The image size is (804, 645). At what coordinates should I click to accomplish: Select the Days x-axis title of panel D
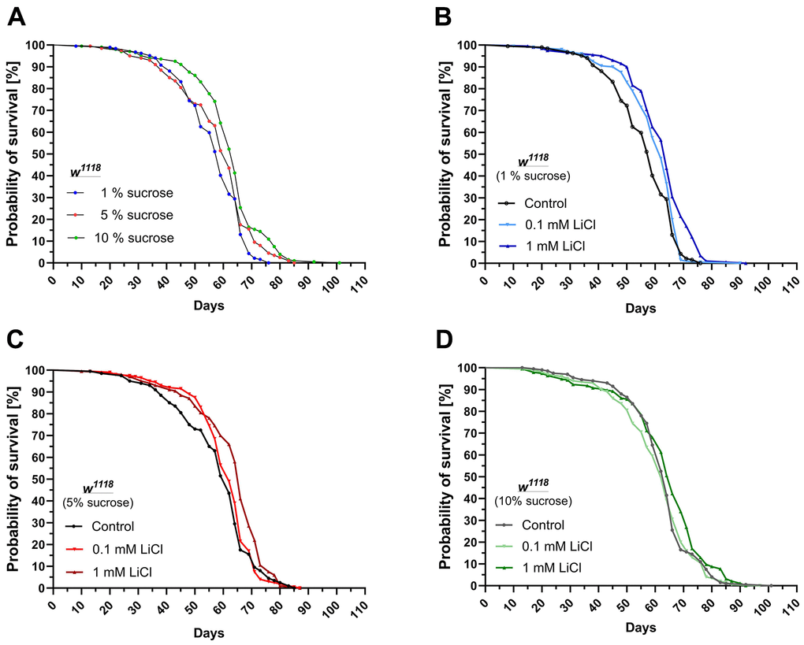coord(640,628)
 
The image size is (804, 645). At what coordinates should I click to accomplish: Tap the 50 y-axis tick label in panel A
coord(35,154)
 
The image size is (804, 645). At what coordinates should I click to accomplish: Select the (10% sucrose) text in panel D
coord(533,500)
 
